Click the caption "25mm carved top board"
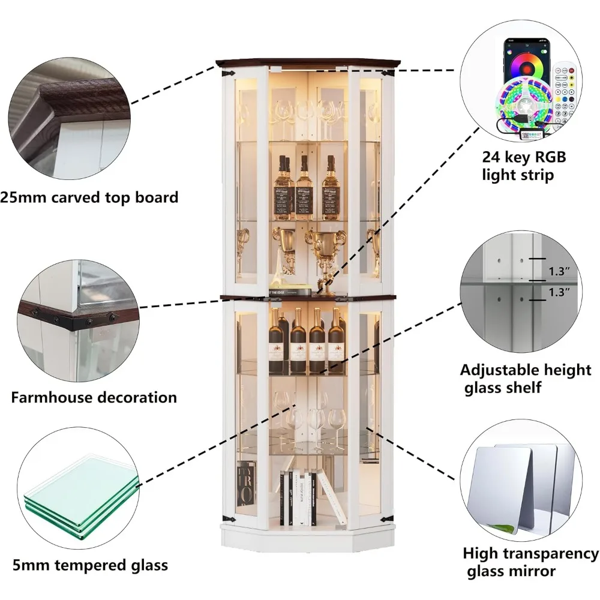pos(89,197)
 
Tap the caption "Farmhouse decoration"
pos(94,397)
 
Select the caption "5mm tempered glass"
pos(90,565)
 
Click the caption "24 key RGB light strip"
pos(524,166)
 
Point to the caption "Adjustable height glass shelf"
pos(526,378)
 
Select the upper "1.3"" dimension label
pos(559,271)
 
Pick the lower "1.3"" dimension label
pos(559,293)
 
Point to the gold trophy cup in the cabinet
pos(325,252)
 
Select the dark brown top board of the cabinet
pos(303,62)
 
